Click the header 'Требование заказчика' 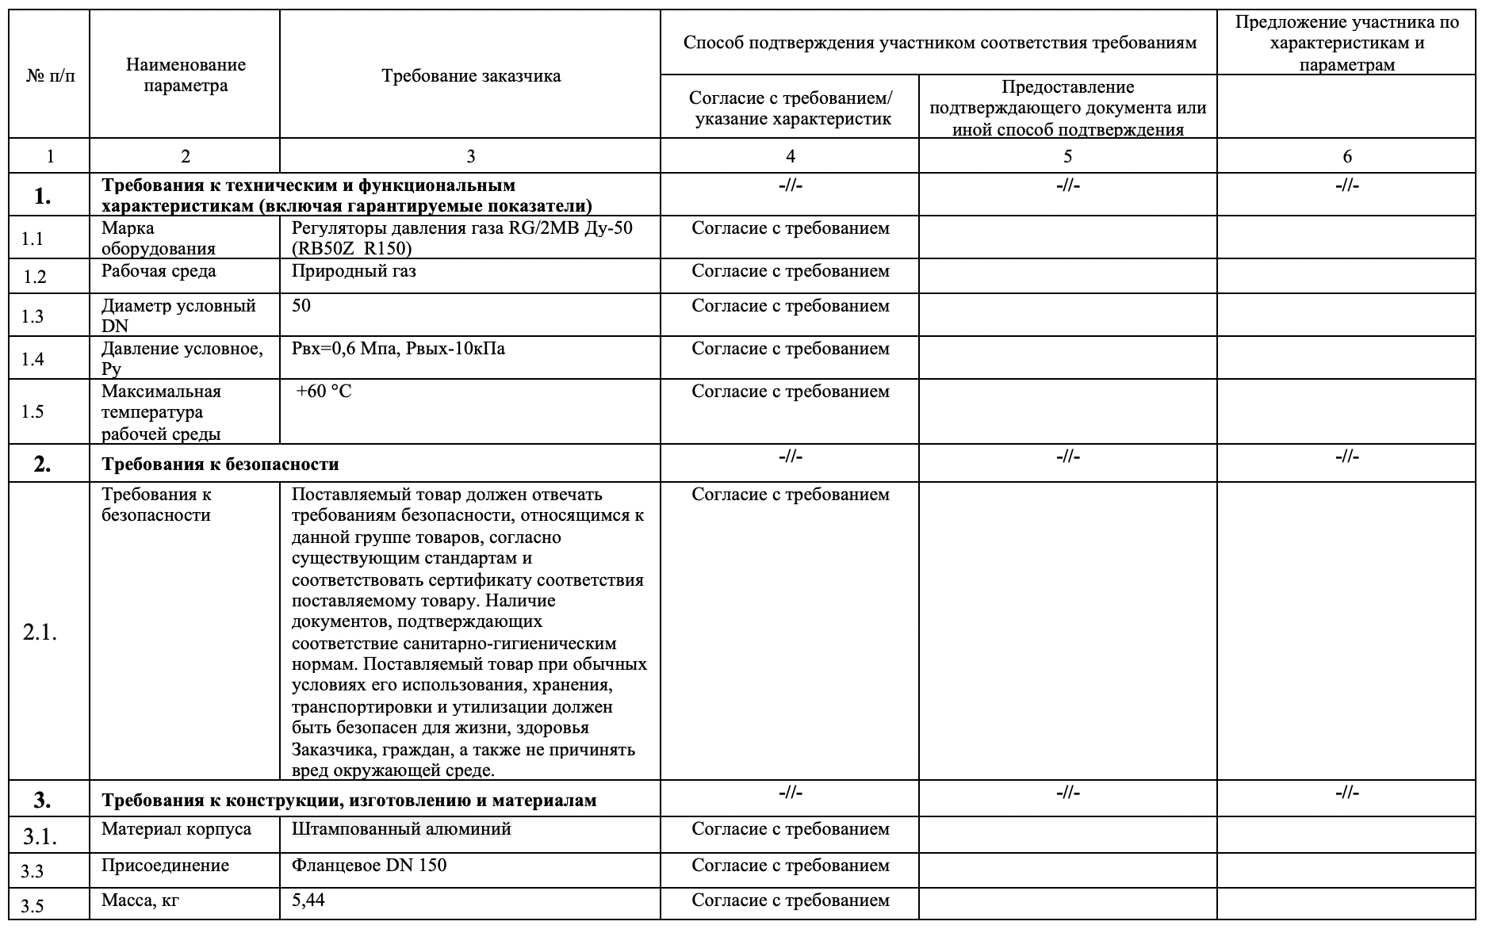click(470, 76)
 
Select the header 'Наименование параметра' click(186, 75)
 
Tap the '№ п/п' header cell click(51, 77)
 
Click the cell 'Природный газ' click(354, 271)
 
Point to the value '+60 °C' click(324, 392)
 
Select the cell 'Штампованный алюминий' click(401, 829)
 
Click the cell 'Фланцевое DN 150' click(369, 865)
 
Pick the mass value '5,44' click(308, 900)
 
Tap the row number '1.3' click(33, 316)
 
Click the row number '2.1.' click(40, 633)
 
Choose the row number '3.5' click(33, 906)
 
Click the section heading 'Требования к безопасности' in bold click(220, 464)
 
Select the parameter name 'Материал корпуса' click(176, 829)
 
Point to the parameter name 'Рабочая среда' click(159, 271)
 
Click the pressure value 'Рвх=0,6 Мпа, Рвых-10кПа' click(398, 349)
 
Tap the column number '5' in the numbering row click(1067, 156)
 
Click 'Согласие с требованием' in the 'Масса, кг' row click(791, 900)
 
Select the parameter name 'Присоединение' click(165, 865)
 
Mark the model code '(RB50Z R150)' click(352, 249)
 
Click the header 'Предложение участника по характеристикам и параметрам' click(1346, 44)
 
